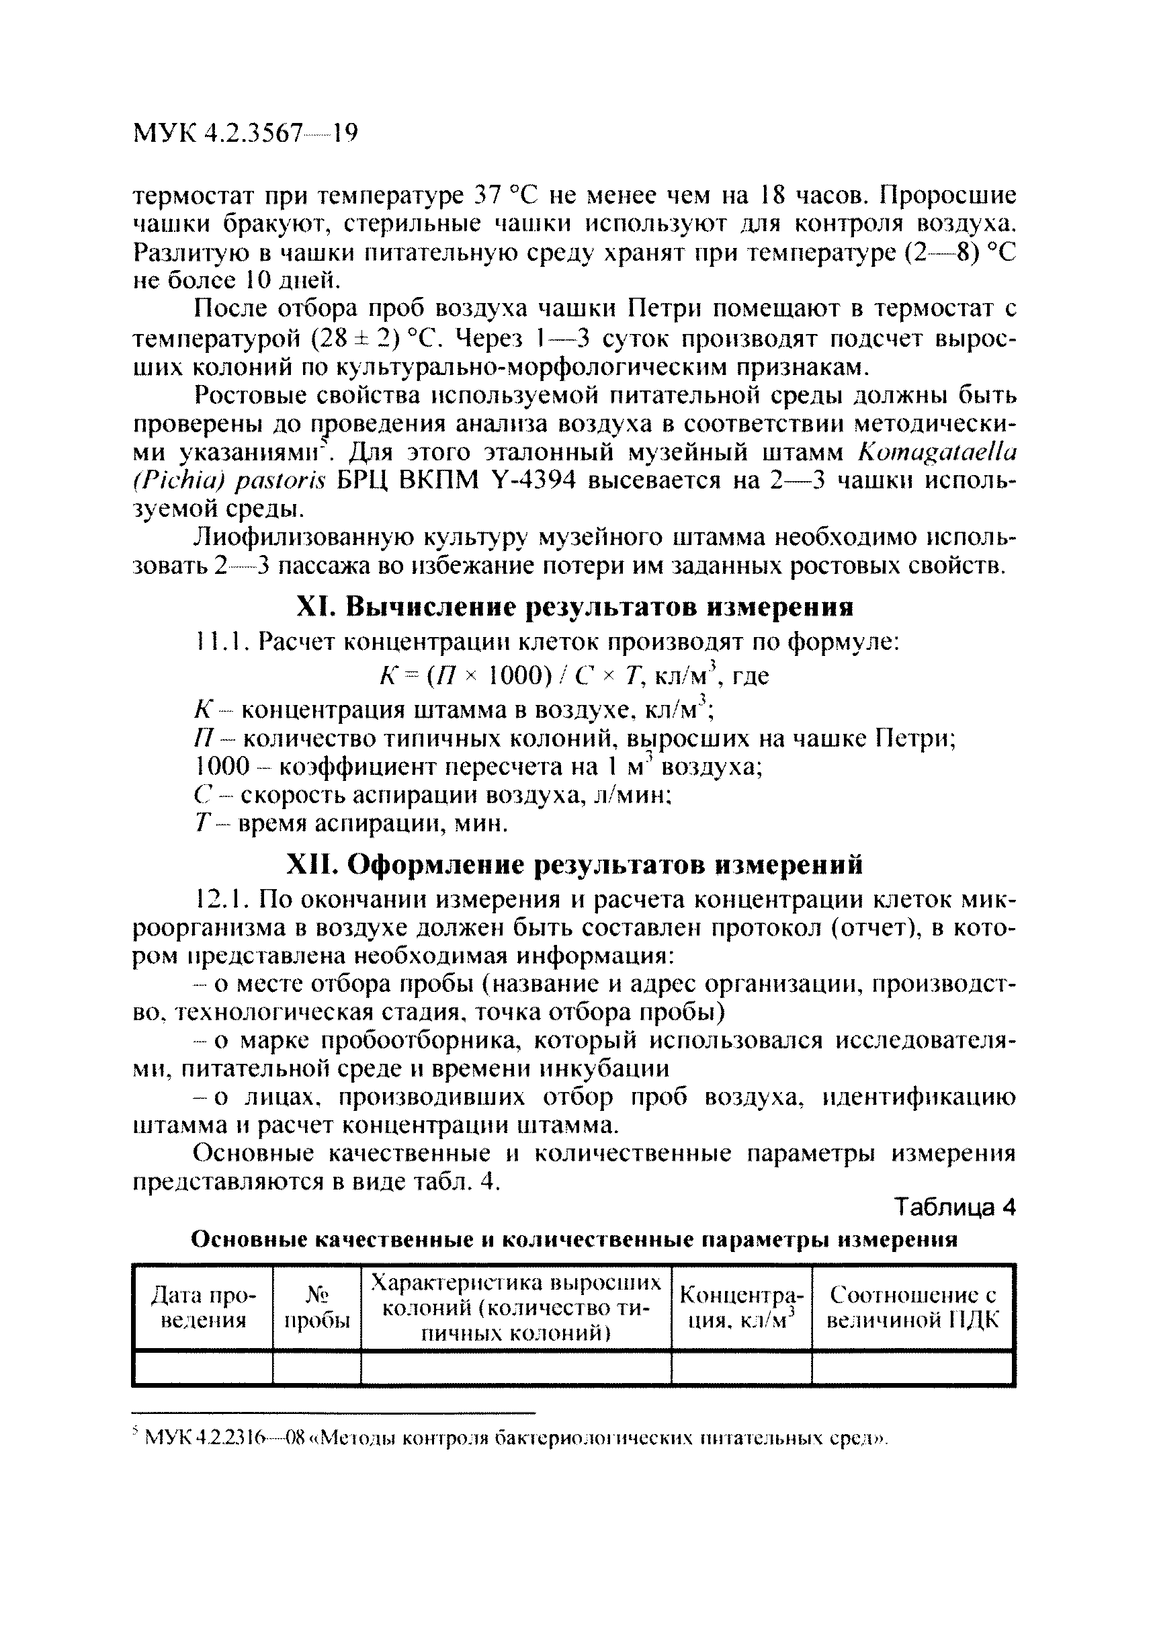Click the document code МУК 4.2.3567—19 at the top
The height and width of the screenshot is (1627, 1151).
pyautogui.click(x=245, y=133)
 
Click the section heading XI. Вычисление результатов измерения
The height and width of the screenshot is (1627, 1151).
pyautogui.click(x=574, y=607)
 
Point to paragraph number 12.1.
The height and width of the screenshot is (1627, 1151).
pyautogui.click(x=218, y=900)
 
